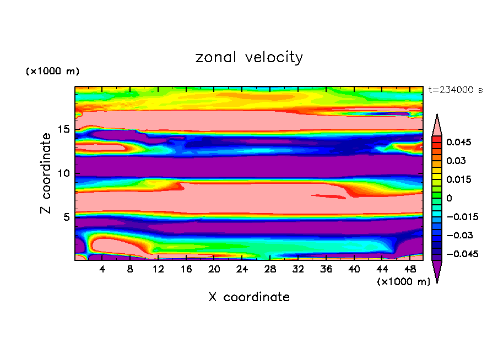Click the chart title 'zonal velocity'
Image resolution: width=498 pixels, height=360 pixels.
249,57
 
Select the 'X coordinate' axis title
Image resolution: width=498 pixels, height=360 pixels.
249,297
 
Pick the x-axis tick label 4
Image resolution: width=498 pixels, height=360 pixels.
102,269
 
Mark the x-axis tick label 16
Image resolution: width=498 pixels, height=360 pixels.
186,269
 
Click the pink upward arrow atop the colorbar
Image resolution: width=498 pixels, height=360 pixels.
437,125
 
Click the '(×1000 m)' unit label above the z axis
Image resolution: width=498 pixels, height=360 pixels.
52,72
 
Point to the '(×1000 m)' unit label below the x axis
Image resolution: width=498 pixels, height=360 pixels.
403,282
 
